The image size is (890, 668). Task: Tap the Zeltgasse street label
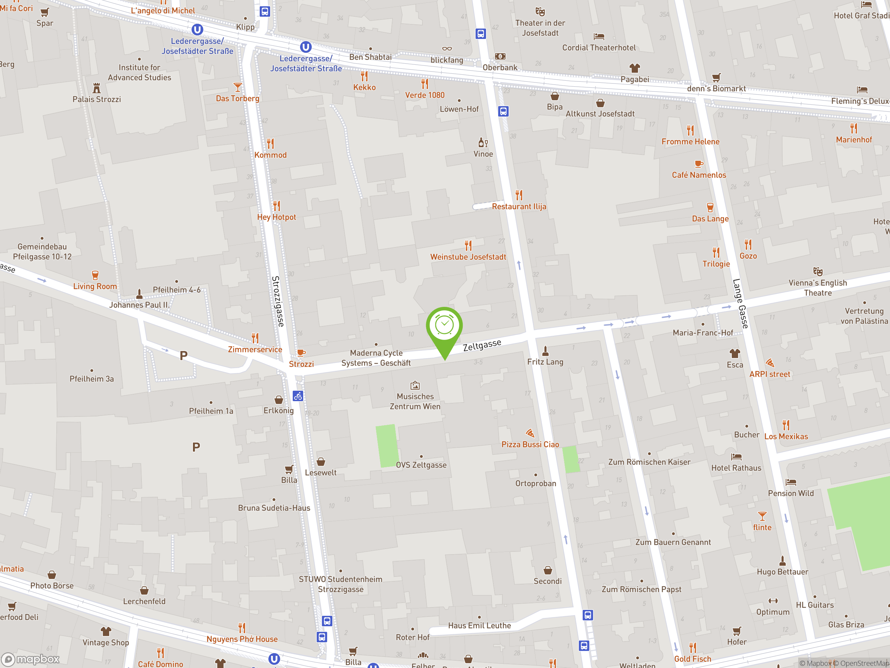(x=482, y=345)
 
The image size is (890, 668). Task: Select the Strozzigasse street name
(x=278, y=301)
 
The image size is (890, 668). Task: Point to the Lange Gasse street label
(x=740, y=304)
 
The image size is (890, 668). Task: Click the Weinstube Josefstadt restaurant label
(x=468, y=257)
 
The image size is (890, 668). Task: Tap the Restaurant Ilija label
(x=519, y=207)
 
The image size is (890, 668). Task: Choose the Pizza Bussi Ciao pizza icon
(x=530, y=433)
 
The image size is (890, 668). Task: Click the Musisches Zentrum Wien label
(x=415, y=401)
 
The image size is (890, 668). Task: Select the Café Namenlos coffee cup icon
(x=699, y=164)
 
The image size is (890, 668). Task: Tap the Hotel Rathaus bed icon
(x=736, y=456)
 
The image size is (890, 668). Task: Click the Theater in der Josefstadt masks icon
(x=540, y=11)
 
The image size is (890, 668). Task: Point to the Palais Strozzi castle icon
(x=97, y=88)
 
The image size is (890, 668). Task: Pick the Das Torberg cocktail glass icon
(x=238, y=87)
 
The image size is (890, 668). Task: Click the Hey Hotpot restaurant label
(x=276, y=217)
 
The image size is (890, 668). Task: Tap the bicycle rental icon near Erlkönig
(x=298, y=396)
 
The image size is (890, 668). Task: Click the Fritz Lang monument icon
(x=545, y=351)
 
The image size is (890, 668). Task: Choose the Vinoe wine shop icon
(x=483, y=143)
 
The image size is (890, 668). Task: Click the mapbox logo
(x=31, y=659)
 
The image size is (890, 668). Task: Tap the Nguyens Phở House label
(x=242, y=639)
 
